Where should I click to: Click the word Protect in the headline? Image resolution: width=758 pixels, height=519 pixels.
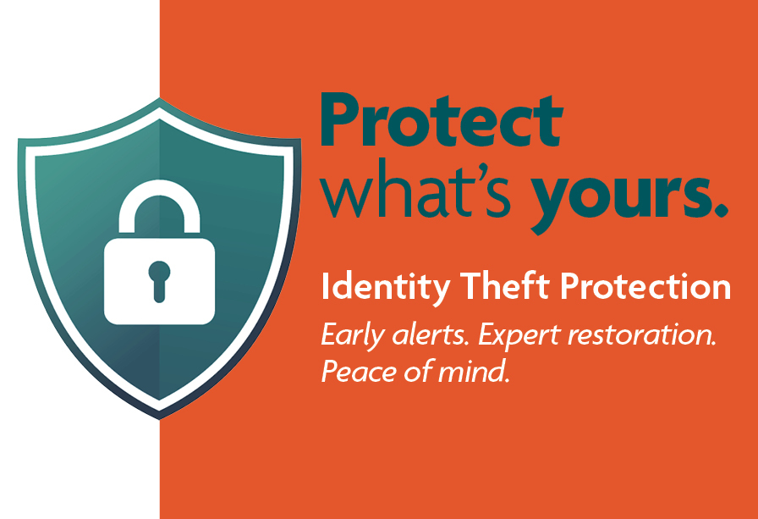pos(441,120)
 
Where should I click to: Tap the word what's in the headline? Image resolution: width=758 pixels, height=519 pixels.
pos(415,189)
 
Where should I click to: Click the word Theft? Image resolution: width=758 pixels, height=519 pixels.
pos(504,285)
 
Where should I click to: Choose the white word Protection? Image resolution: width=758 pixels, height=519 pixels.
pos(645,286)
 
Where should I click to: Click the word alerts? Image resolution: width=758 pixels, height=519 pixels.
pos(431,334)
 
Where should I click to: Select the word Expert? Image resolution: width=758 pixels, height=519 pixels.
pos(519,335)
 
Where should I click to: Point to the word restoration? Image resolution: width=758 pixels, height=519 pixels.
pos(641,334)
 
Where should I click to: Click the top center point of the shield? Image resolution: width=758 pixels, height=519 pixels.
pos(160,98)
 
